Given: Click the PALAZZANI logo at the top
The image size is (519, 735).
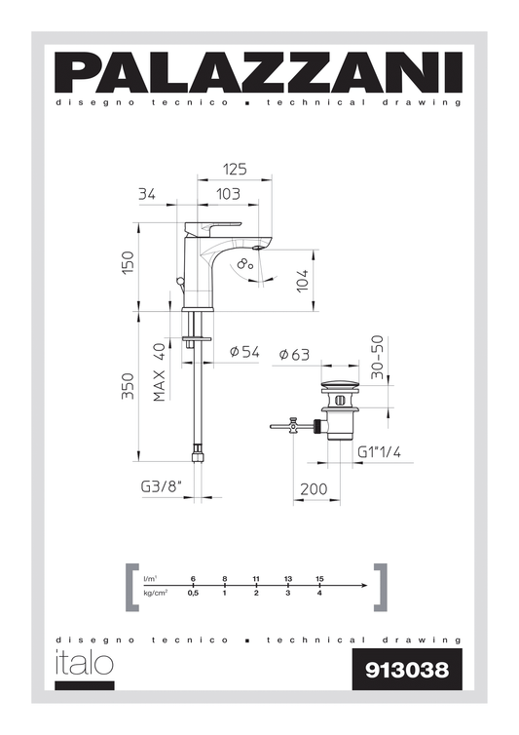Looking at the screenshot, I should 259,72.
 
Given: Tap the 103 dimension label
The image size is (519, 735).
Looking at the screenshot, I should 228,194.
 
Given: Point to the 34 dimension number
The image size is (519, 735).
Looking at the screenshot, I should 147,194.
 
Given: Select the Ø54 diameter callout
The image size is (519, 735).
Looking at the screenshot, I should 243,353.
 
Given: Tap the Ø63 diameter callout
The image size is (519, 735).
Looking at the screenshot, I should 294,354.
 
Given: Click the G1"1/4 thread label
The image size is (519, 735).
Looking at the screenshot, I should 379,452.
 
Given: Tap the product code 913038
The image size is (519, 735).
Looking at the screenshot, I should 406,670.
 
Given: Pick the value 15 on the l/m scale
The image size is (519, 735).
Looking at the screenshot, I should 319,579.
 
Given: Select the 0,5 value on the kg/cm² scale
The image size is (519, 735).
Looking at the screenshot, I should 193,593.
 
